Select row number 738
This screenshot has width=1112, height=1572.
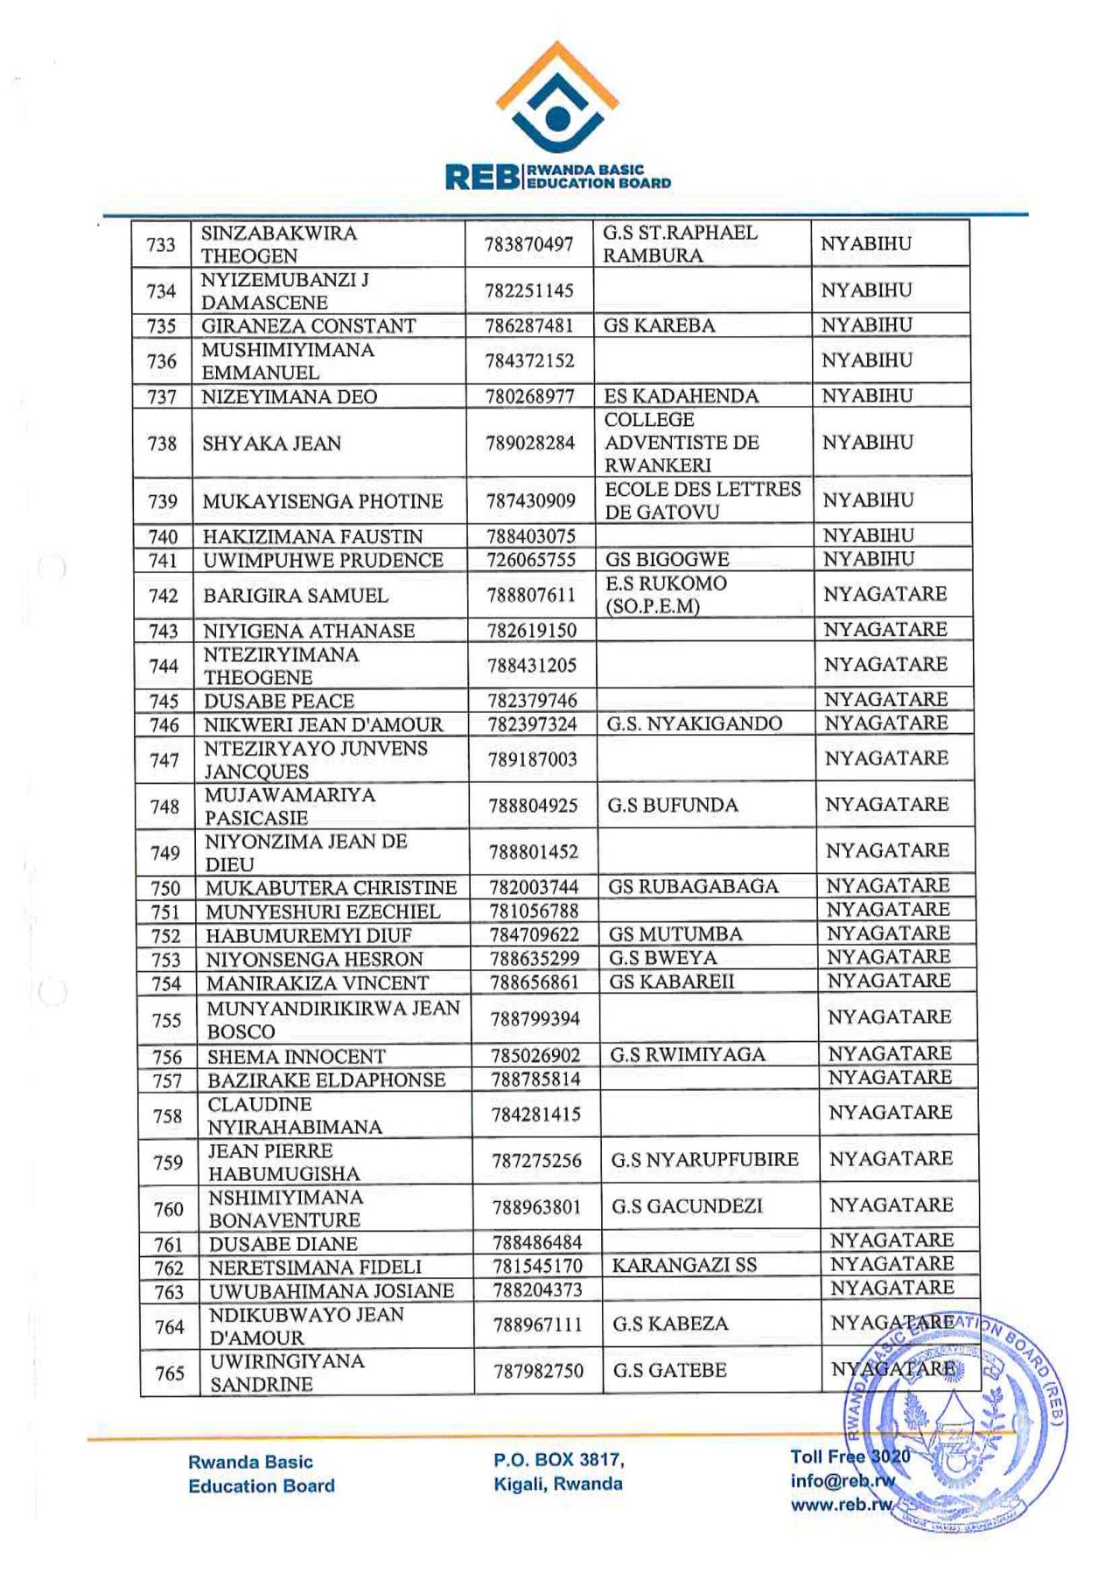click(162, 444)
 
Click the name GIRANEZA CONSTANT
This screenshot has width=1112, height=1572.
click(308, 326)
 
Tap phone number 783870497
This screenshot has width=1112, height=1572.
click(528, 244)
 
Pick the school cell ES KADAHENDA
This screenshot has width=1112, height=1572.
click(681, 396)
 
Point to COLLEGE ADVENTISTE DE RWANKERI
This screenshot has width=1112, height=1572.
click(682, 443)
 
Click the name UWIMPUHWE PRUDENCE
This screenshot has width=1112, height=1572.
click(323, 561)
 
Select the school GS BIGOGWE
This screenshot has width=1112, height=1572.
click(667, 560)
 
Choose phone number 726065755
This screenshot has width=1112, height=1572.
click(531, 560)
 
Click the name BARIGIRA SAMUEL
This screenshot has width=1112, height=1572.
click(296, 596)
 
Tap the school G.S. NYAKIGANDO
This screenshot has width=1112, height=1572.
click(695, 723)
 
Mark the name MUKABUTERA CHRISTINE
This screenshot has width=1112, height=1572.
click(331, 888)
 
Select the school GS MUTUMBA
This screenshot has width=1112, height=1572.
click(675, 934)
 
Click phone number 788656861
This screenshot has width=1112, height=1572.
click(534, 982)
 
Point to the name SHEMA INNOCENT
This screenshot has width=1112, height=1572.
click(296, 1057)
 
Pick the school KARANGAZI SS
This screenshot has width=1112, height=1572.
click(684, 1265)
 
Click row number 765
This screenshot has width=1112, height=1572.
click(170, 1373)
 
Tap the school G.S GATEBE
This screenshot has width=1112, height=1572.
click(669, 1370)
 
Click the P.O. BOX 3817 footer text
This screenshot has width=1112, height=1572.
click(558, 1460)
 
